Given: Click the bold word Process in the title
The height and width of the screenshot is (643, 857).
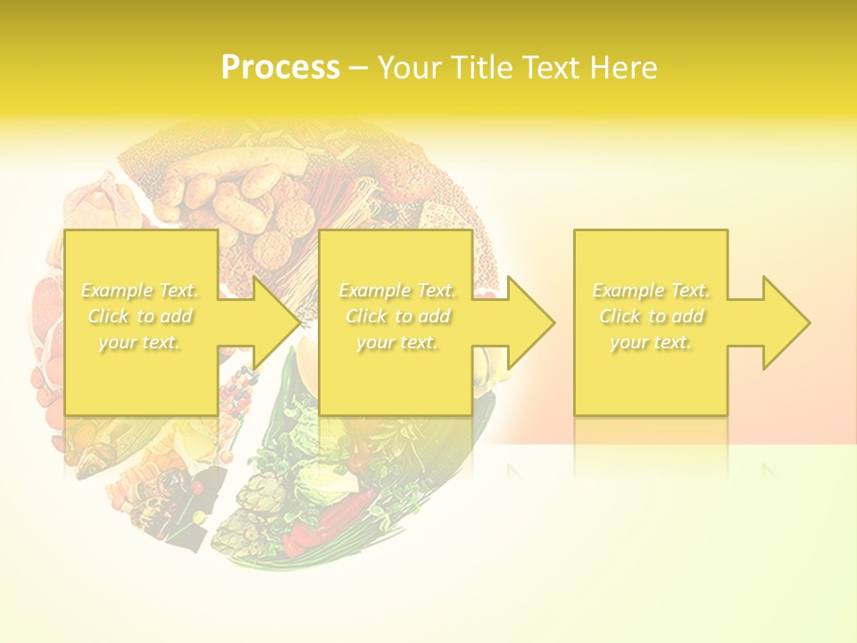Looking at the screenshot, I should coord(280,68).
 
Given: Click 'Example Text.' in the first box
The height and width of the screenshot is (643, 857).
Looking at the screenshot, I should coord(139,290).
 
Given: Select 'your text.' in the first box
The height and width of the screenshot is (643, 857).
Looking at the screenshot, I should coord(139,342).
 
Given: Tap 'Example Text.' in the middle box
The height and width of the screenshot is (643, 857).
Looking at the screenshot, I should coord(396,290).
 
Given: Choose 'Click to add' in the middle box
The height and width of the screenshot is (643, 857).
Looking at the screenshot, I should coord(396,316).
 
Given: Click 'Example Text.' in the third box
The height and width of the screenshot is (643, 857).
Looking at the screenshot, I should coord(651,290).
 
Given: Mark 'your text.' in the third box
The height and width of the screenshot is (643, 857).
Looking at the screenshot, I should coord(651,342).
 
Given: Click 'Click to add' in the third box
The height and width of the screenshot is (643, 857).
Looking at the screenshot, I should coord(651,316).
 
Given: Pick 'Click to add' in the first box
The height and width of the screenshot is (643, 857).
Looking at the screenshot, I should coord(139,316).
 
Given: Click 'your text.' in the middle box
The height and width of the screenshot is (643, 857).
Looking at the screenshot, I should coord(396,342).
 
